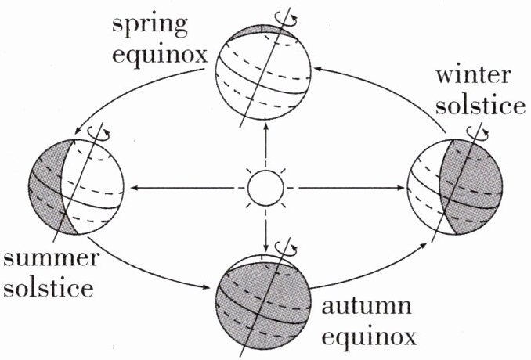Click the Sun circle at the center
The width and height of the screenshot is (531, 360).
265,189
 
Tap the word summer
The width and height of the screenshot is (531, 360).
51,257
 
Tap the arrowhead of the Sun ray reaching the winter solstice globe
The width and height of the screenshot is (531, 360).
402,188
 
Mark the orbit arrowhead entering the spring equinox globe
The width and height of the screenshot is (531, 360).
319,69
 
